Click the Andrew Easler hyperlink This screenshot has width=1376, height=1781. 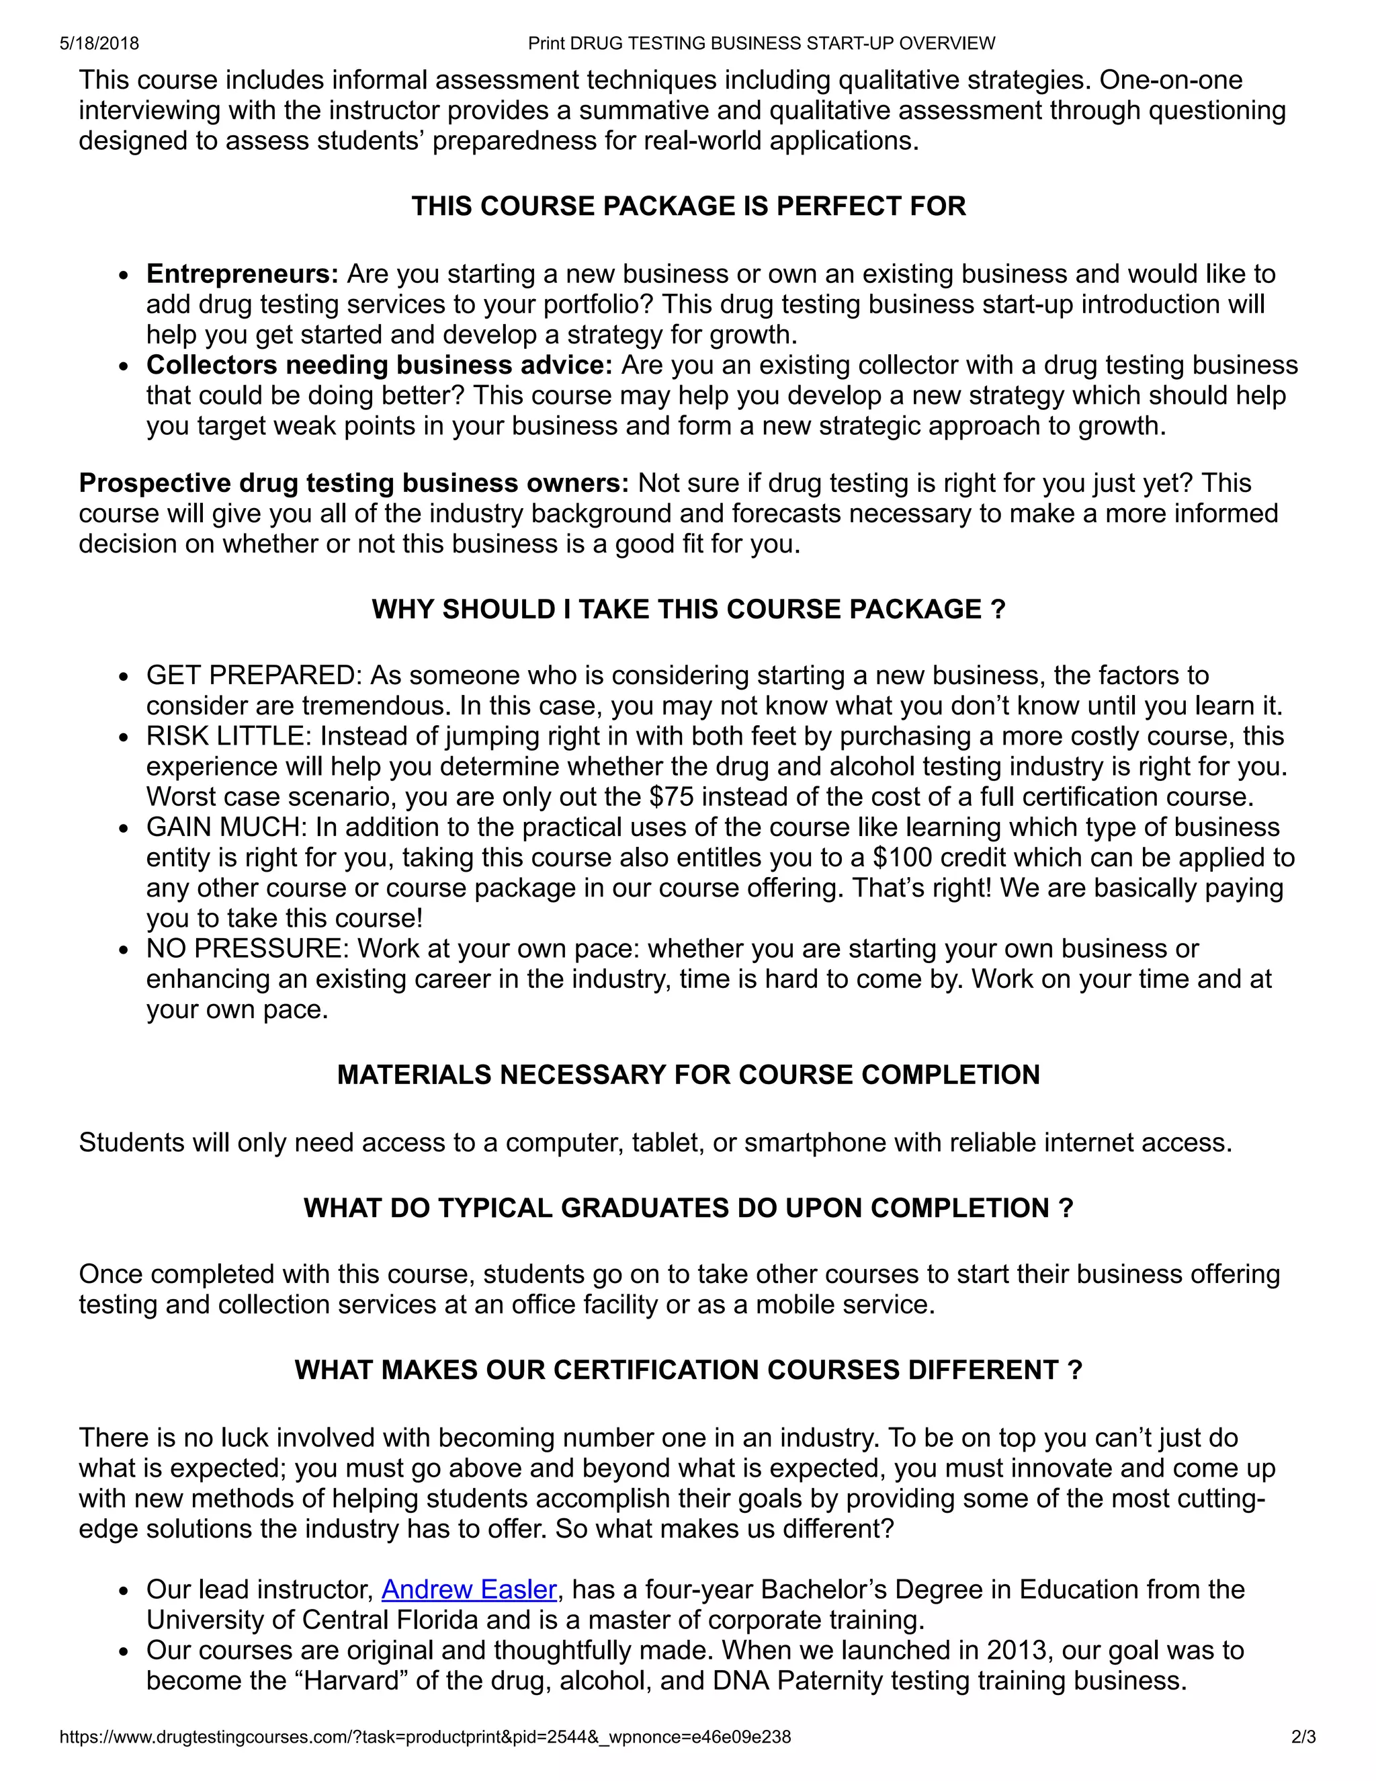pyautogui.click(x=469, y=1589)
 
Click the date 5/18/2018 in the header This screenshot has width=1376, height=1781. pyautogui.click(x=99, y=43)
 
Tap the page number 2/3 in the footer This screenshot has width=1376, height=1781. pyautogui.click(x=1303, y=1737)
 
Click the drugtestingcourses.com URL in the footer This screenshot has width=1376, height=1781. pyautogui.click(x=425, y=1737)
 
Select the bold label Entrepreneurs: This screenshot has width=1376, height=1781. pyautogui.click(x=242, y=274)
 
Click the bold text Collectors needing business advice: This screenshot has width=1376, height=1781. pyautogui.click(x=379, y=364)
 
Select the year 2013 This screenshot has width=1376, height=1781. pyautogui.click(x=1016, y=1651)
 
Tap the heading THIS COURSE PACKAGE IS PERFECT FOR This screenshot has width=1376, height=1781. pyautogui.click(x=688, y=206)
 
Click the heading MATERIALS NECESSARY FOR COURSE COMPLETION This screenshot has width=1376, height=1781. pyautogui.click(x=688, y=1075)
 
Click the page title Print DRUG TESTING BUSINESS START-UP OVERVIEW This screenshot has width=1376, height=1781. pyautogui.click(x=761, y=43)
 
